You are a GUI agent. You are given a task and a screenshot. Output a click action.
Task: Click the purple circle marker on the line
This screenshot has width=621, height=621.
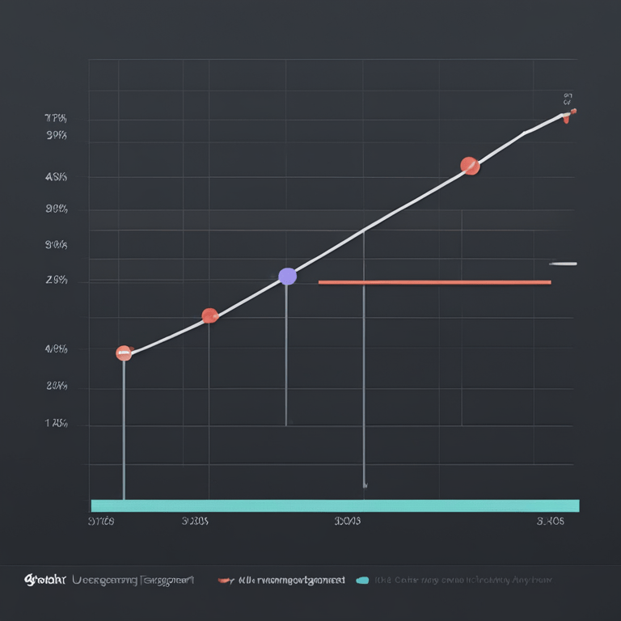click(287, 277)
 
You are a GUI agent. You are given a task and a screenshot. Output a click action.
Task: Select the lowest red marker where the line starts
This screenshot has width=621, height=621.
click(124, 353)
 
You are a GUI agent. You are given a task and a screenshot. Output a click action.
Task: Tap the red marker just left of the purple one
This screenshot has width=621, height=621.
click(209, 315)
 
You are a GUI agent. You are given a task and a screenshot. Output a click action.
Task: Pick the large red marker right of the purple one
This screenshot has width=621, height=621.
click(470, 166)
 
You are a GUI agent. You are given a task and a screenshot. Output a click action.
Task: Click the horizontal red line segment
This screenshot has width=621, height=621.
click(434, 282)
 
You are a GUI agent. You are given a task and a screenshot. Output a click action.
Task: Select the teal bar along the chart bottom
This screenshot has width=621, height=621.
click(335, 505)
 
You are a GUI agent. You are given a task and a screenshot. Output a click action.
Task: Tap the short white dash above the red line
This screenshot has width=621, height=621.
click(563, 264)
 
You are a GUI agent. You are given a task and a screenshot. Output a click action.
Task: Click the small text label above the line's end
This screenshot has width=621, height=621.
click(568, 99)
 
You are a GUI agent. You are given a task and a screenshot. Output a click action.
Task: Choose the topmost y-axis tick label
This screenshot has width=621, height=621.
click(56, 119)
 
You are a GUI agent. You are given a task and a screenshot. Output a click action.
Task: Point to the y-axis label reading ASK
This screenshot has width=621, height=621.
click(56, 176)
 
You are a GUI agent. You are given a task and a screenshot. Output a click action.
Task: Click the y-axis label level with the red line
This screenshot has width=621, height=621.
click(56, 281)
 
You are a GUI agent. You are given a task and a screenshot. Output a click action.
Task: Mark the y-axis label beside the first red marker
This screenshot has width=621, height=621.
click(56, 349)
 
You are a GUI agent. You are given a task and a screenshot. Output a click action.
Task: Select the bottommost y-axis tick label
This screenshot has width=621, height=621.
click(56, 423)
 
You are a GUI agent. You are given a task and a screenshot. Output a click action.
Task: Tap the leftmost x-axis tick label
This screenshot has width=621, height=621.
click(101, 522)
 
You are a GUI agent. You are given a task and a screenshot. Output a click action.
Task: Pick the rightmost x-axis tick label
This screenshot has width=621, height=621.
click(550, 522)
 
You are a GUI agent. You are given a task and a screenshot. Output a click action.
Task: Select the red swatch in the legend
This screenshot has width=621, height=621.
click(226, 580)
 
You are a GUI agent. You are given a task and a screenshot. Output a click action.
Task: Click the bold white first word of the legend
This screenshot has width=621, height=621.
click(44, 580)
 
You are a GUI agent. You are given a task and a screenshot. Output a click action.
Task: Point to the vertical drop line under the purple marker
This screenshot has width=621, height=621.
click(286, 356)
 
